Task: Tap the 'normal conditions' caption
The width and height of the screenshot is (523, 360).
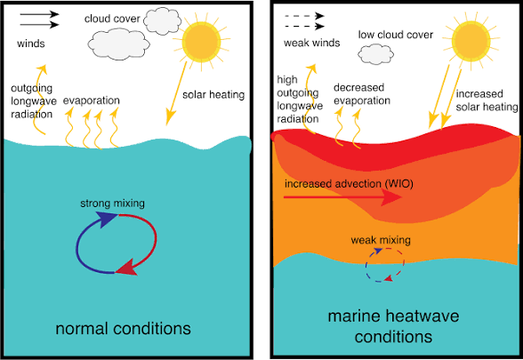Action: (123, 329)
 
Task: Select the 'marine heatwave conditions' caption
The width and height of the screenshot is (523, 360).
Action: (392, 326)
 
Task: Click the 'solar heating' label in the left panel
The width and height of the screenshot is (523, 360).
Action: (214, 93)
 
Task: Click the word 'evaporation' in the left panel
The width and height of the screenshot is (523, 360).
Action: (93, 100)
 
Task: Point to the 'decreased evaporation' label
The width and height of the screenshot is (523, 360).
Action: (363, 94)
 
